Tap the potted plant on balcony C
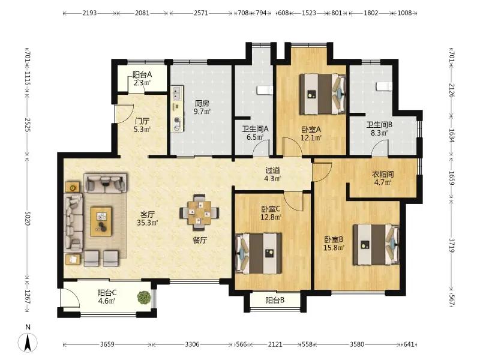(x=143, y=297)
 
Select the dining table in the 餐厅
(x=199, y=212)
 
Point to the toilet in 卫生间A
(x=265, y=90)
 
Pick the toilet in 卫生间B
(x=384, y=86)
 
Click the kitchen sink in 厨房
(x=177, y=92)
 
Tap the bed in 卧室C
(x=259, y=253)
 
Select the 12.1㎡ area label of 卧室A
(x=311, y=138)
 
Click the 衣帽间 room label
(x=383, y=175)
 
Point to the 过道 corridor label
(x=272, y=170)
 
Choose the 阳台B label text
(x=275, y=301)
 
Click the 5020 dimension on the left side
(x=27, y=218)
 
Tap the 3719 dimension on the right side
(x=452, y=245)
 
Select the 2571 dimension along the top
(x=201, y=13)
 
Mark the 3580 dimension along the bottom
(x=357, y=344)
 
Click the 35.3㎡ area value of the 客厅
(x=147, y=223)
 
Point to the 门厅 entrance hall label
(x=142, y=121)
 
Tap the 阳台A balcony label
(x=142, y=74)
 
